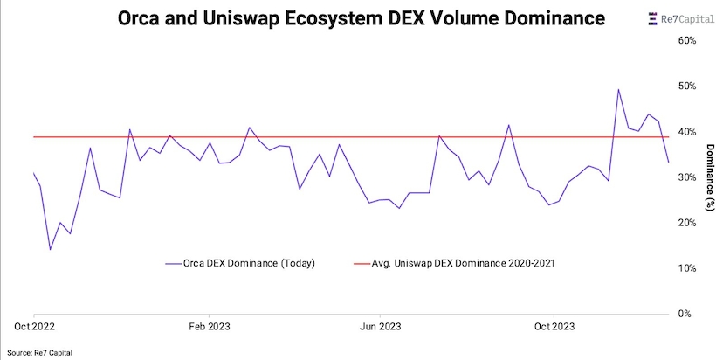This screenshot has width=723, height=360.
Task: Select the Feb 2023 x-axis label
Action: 209,326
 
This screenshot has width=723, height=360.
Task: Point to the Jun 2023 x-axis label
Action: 382,326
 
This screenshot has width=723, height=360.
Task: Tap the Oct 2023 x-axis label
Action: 554,326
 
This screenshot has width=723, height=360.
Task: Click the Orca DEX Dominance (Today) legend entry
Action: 239,262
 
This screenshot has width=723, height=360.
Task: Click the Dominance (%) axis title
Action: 710,177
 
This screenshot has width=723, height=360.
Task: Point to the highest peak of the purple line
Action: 618,89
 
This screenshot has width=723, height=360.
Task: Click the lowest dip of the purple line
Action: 50,250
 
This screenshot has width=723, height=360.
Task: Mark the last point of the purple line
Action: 669,162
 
